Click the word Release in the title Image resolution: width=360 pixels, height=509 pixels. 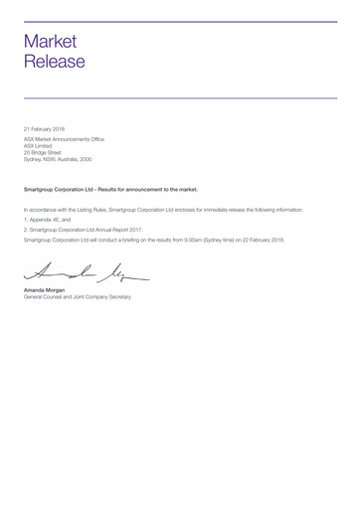point(55,62)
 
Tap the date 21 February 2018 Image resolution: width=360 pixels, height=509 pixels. point(45,129)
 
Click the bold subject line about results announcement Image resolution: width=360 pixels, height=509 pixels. point(110,188)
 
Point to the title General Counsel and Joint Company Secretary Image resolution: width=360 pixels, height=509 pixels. point(77,297)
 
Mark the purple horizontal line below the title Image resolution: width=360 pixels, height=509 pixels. point(180,97)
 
